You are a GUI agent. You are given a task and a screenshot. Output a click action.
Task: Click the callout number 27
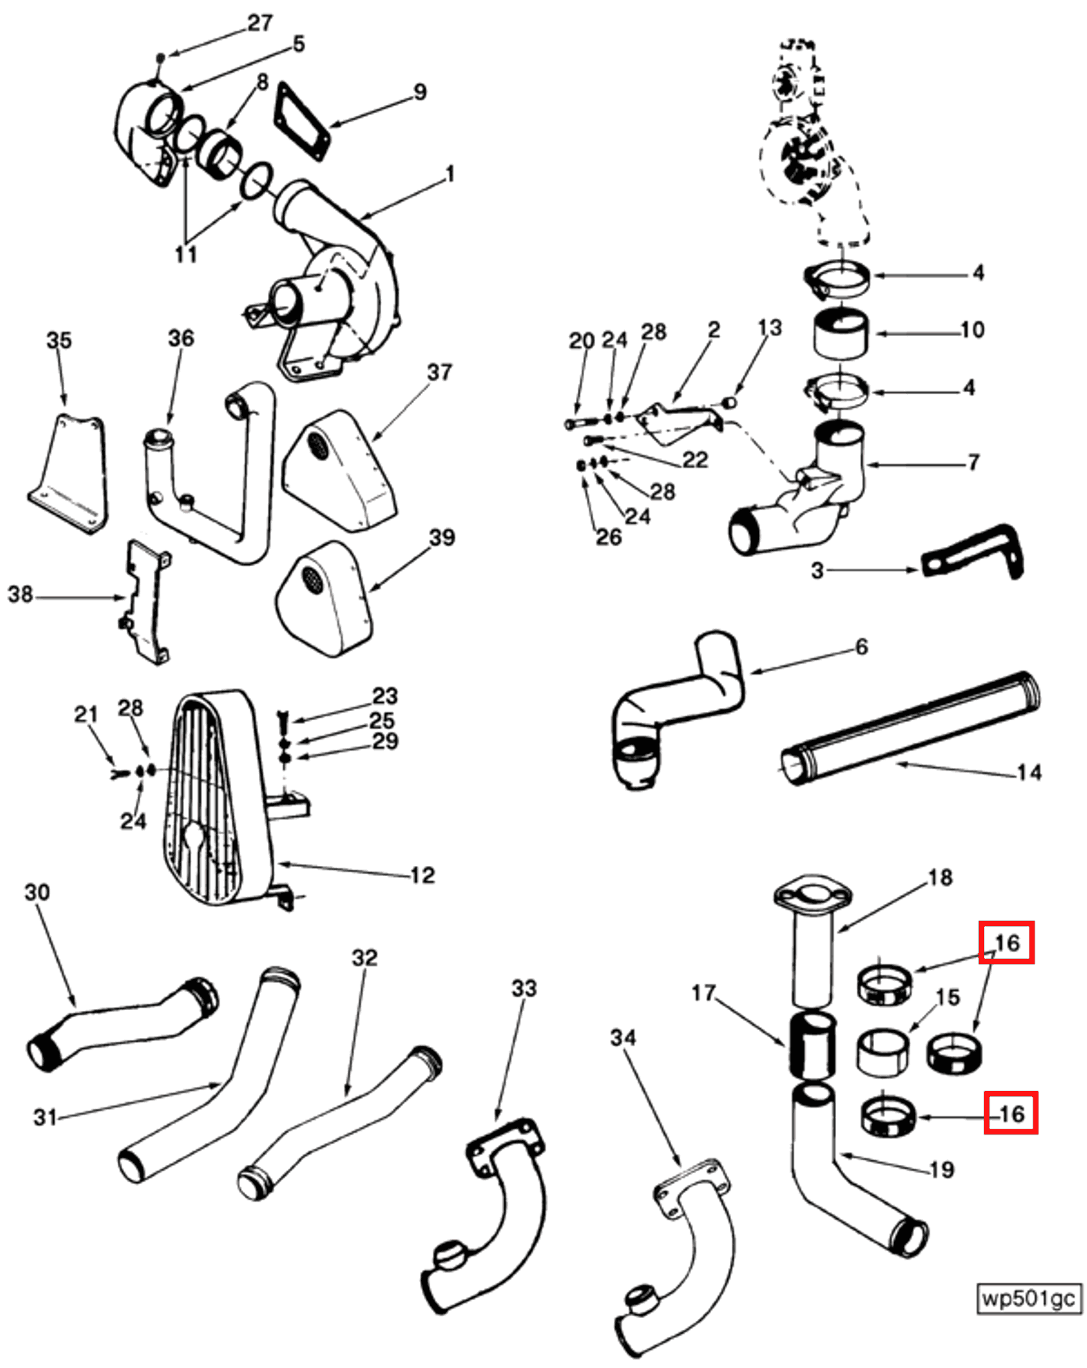pyautogui.click(x=260, y=23)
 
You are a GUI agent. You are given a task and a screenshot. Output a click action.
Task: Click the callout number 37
pyautogui.click(x=439, y=373)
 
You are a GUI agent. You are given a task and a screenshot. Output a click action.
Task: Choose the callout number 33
pyautogui.click(x=523, y=989)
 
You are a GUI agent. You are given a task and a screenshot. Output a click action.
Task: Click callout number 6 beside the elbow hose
pyautogui.click(x=861, y=647)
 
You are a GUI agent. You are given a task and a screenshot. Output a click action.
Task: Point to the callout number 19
pyautogui.click(x=941, y=1169)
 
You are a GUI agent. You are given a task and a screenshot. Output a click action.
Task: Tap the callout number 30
pyautogui.click(x=37, y=892)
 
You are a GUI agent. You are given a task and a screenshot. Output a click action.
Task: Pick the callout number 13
pyautogui.click(x=770, y=327)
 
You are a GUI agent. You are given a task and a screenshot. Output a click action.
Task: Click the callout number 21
pyautogui.click(x=85, y=714)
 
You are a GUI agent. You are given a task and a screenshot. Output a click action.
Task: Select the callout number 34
pyautogui.click(x=623, y=1038)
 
